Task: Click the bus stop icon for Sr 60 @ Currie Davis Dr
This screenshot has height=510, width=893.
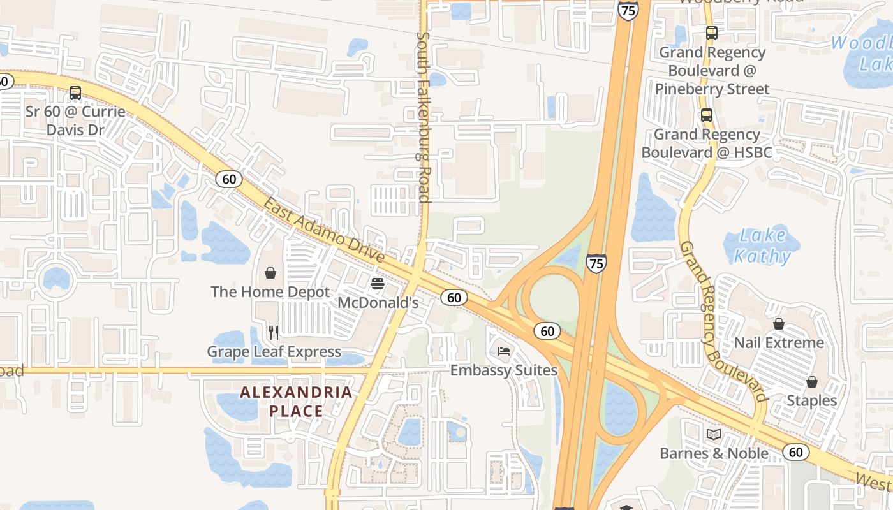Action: coord(75,93)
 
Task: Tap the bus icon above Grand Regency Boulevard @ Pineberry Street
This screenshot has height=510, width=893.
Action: coord(711,33)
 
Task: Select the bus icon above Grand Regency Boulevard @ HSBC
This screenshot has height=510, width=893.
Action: coord(706,115)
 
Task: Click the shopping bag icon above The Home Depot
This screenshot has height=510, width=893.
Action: coord(270,273)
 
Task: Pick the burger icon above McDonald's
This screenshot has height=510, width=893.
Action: coord(377,283)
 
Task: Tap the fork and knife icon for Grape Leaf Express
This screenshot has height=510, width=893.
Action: coord(274,332)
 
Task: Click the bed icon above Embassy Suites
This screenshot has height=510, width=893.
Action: coord(504,351)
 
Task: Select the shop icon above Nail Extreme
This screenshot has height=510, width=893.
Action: coord(778,324)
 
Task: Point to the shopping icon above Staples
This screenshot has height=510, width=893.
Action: coord(811,382)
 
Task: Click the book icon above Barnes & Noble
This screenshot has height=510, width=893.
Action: coord(714,435)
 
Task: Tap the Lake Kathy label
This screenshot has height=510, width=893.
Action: coord(762,246)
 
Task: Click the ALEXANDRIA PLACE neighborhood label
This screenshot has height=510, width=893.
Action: coord(296,402)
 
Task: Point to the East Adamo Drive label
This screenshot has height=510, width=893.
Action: coord(324,231)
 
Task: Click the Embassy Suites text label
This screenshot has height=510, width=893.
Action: coord(504,370)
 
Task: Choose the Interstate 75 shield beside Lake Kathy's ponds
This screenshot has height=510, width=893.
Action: coord(596,263)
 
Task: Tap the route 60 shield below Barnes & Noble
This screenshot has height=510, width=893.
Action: coord(795,452)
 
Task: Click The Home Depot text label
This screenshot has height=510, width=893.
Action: coord(270,292)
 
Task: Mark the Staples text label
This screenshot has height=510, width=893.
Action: coord(811,401)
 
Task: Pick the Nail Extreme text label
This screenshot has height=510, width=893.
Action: coord(779,343)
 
